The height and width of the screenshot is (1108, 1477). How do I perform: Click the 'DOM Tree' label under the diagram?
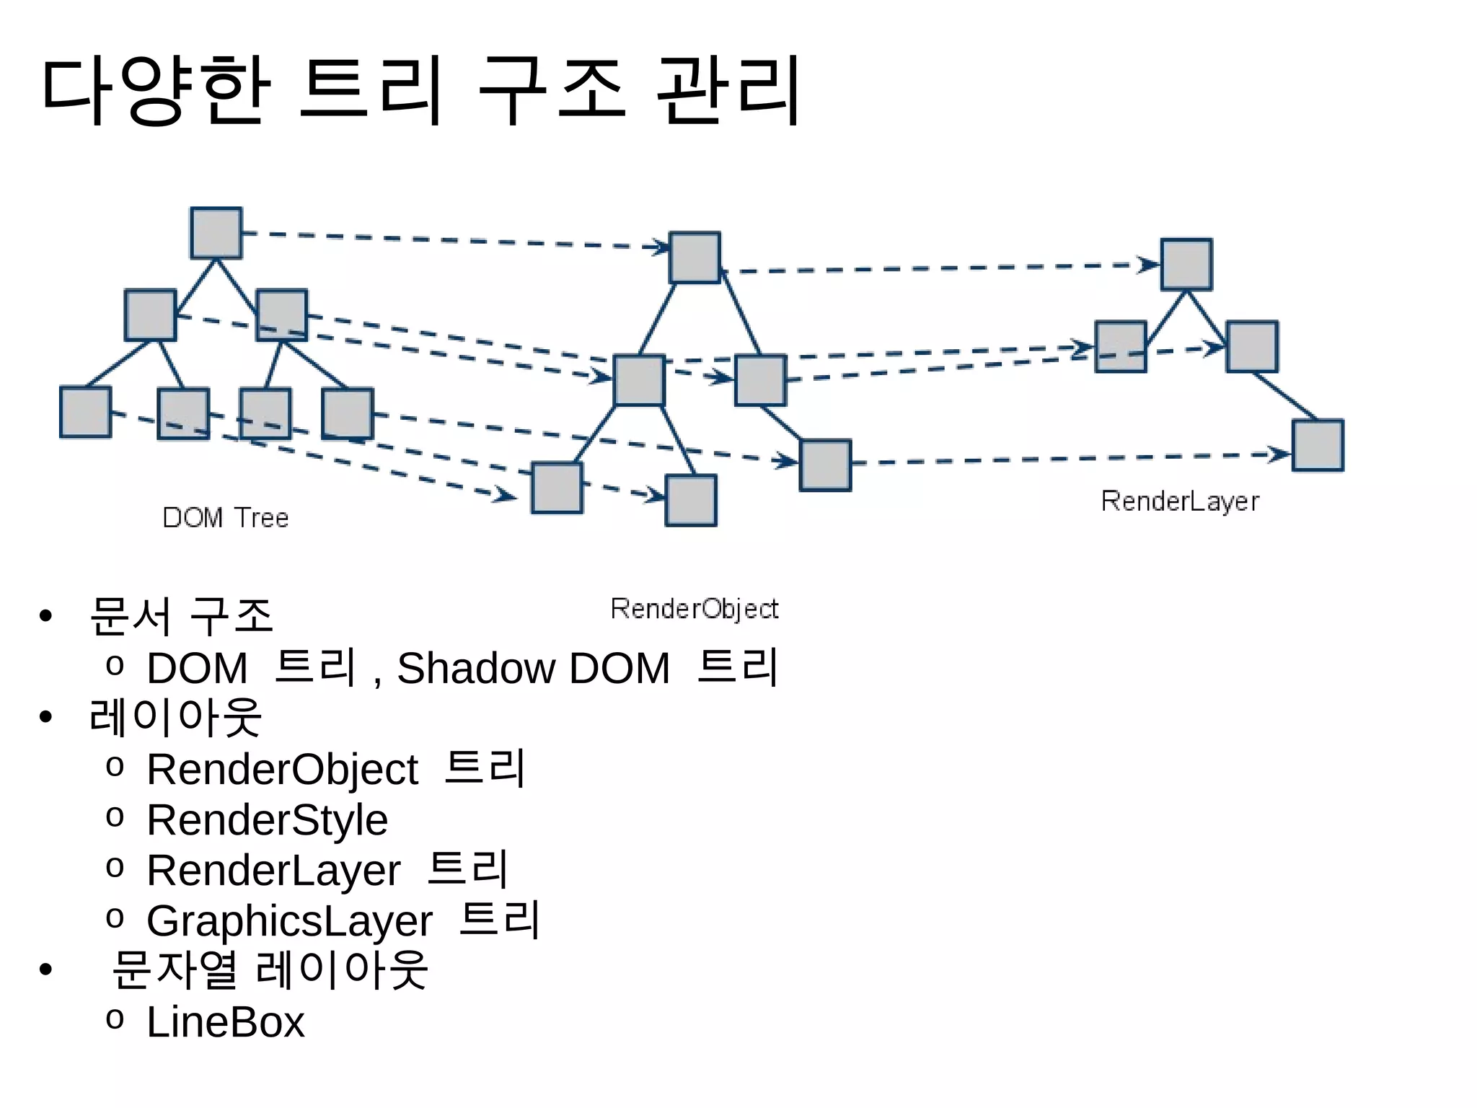[x=226, y=518]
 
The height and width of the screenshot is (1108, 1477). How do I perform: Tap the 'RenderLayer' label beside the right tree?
[x=1180, y=501]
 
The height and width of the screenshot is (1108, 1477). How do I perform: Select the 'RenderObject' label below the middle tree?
[x=694, y=609]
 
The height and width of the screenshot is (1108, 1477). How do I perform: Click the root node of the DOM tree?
[x=216, y=233]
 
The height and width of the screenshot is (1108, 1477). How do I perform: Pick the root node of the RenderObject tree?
[x=695, y=258]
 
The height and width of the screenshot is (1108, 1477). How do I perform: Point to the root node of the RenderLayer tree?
[x=1186, y=265]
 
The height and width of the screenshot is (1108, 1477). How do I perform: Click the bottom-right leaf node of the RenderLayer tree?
[x=1318, y=445]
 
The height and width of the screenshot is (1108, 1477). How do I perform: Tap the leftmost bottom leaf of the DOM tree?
[x=86, y=412]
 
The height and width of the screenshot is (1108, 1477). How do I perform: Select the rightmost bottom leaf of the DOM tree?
[x=348, y=413]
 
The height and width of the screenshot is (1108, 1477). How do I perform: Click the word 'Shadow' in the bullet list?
[x=476, y=668]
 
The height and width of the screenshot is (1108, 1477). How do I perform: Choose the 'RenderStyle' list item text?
[x=268, y=820]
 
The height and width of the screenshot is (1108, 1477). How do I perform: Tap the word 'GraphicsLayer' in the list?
[x=289, y=921]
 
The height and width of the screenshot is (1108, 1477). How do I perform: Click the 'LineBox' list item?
[x=226, y=1022]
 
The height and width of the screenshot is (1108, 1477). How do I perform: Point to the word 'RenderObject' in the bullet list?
[x=282, y=769]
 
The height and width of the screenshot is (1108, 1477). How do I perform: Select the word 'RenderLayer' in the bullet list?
[x=273, y=871]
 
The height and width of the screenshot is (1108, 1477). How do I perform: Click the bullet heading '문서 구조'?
[x=181, y=617]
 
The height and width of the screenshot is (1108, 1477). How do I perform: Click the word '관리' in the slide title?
[x=728, y=90]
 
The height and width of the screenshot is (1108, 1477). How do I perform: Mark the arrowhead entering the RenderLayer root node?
[x=1148, y=265]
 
